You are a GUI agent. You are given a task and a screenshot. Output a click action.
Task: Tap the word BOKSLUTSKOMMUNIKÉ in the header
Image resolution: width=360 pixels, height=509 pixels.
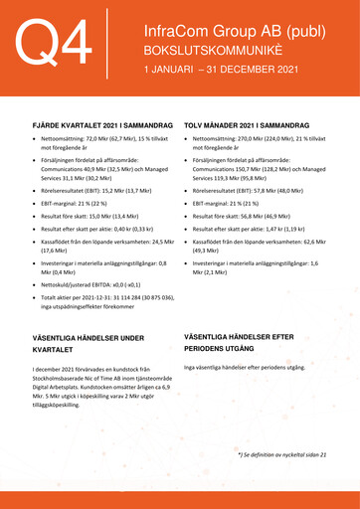203,51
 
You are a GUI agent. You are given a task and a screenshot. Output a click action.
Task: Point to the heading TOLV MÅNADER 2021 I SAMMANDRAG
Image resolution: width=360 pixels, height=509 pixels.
253,128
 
